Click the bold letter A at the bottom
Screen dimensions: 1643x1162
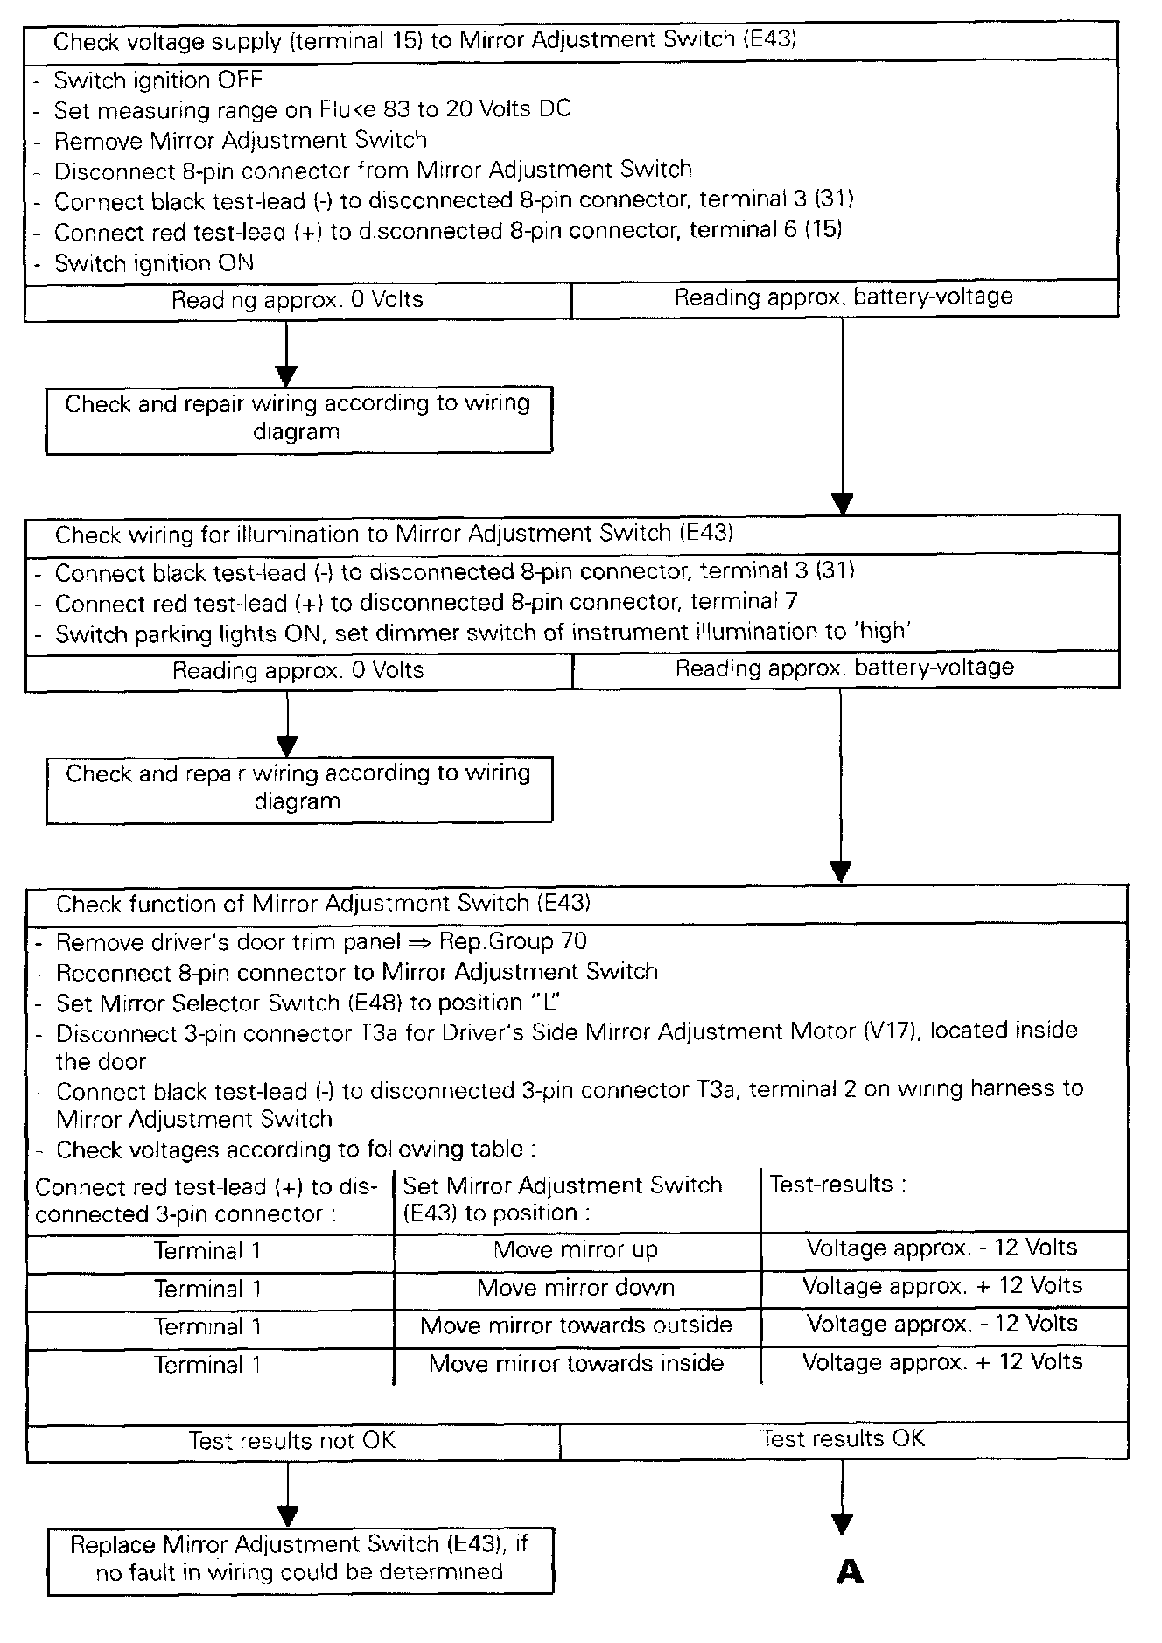850,1572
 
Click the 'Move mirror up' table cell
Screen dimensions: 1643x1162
576,1249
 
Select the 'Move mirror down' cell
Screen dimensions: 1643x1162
576,1288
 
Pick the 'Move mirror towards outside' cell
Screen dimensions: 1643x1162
576,1325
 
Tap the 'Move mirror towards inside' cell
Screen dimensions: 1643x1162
576,1364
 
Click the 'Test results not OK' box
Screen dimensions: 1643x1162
292,1441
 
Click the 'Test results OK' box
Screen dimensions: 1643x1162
843,1439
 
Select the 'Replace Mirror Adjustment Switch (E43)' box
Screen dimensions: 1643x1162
300,1561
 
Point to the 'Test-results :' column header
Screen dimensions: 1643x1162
837,1185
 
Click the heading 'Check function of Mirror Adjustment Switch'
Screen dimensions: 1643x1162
323,904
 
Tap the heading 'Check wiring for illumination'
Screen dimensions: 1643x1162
394,534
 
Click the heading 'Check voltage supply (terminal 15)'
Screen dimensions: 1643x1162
424,41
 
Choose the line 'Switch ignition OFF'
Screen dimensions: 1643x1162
158,80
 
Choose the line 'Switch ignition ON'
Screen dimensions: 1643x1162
154,263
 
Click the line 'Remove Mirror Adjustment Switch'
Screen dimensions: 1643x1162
241,141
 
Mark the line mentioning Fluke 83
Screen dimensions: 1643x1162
311,110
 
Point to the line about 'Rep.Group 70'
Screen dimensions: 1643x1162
321,942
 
